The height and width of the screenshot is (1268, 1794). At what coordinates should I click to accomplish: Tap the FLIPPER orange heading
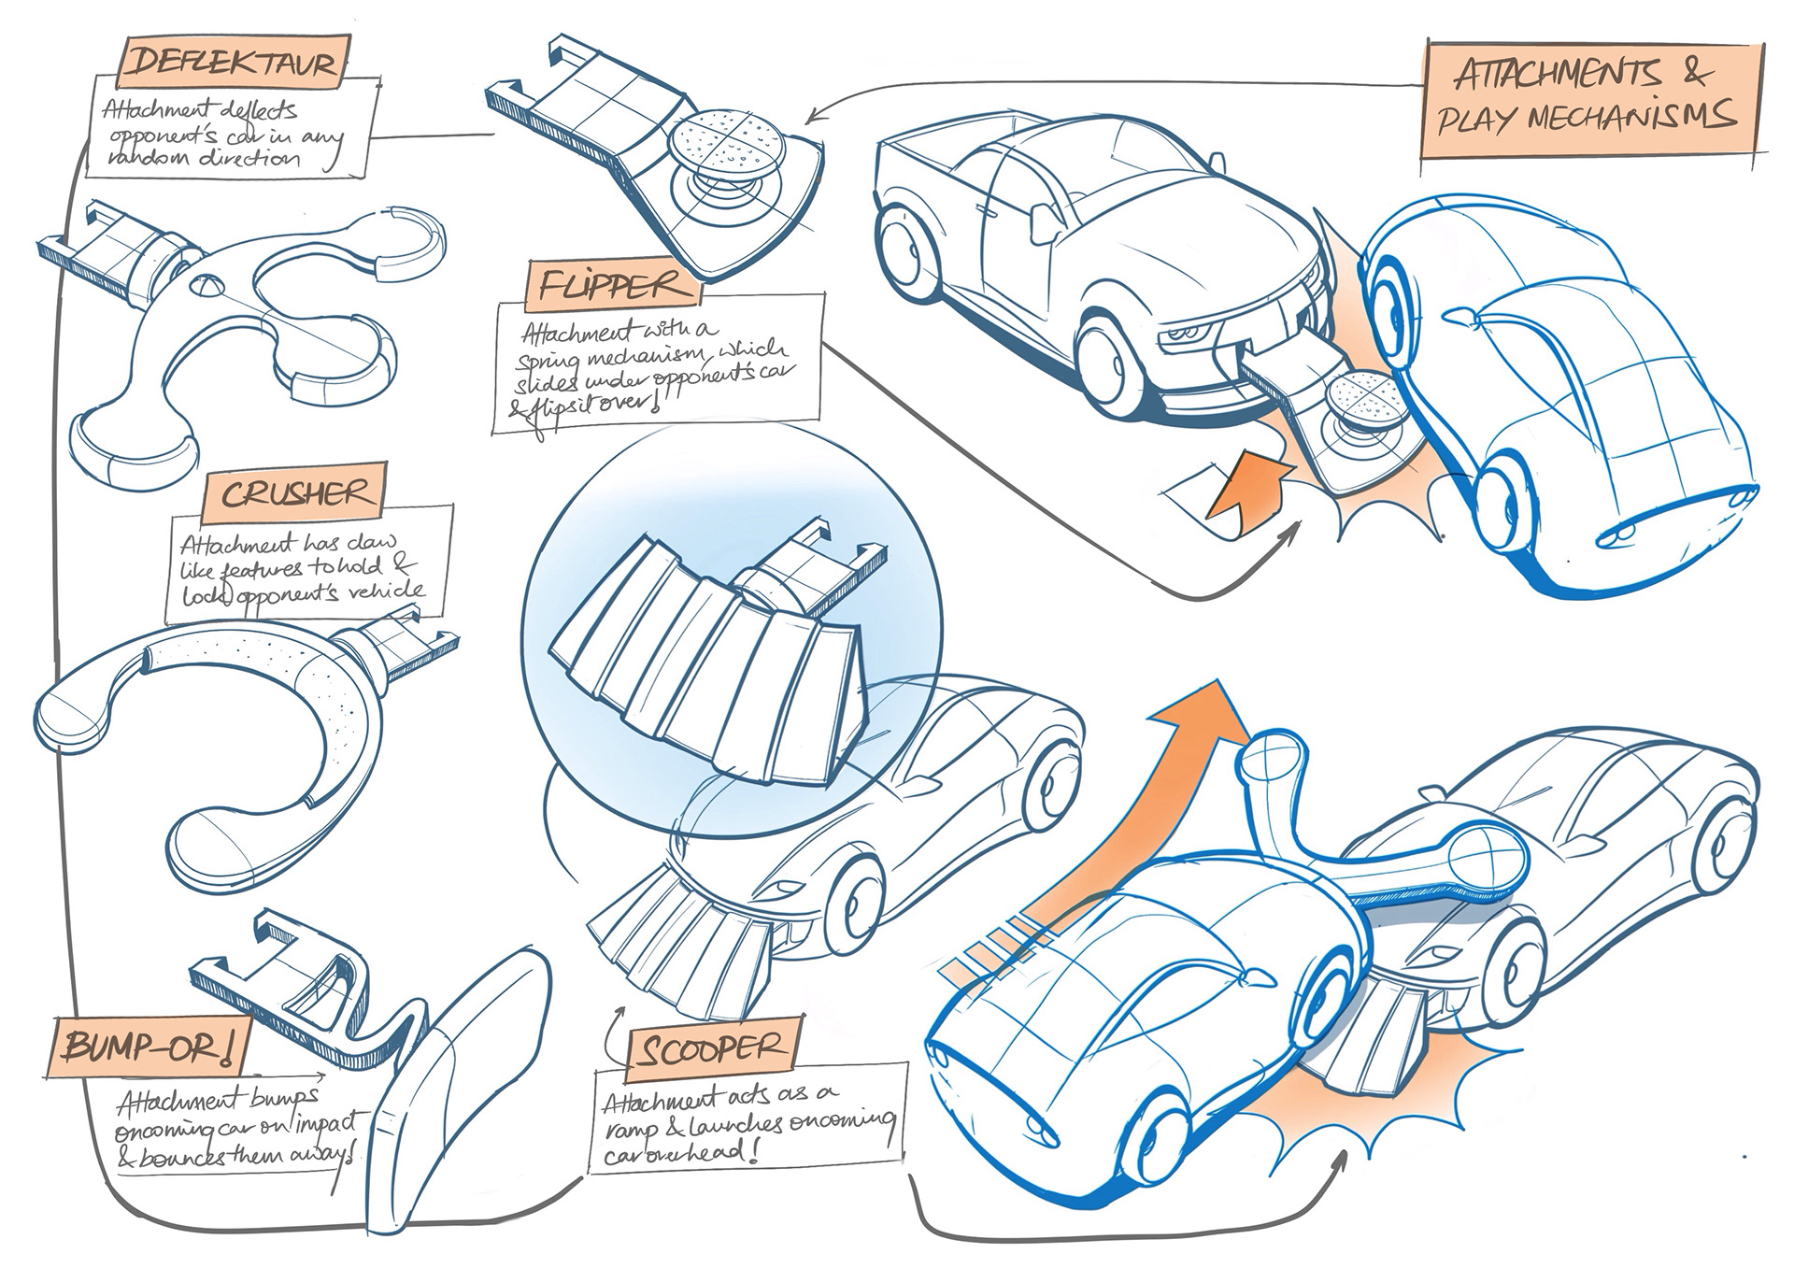(616, 284)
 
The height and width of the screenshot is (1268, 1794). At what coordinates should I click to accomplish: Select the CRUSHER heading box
(294, 492)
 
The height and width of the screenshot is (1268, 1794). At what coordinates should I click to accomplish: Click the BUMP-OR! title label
(149, 1049)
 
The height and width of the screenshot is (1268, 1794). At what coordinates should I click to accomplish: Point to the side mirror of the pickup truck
(1040, 221)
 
